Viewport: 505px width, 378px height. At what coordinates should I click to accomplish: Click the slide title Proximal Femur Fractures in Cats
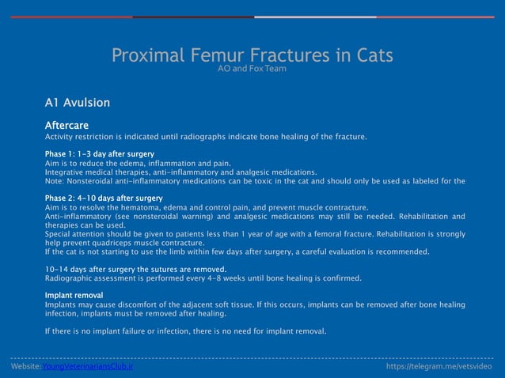(252, 56)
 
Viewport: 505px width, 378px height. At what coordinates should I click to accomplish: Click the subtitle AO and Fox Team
(252, 70)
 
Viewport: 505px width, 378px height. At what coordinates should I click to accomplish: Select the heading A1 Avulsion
(78, 103)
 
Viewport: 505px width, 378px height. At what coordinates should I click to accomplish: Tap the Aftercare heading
(66, 125)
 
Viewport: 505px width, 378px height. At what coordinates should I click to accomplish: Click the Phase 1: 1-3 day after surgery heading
(99, 153)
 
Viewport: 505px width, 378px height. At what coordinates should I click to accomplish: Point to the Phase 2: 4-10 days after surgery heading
(104, 198)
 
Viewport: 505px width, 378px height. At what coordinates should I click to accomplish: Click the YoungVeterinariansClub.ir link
(88, 367)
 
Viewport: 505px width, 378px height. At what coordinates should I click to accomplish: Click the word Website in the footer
(25, 367)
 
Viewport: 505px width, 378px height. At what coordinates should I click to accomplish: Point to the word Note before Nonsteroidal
(55, 180)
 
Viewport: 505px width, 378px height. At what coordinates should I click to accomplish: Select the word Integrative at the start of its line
(66, 172)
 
